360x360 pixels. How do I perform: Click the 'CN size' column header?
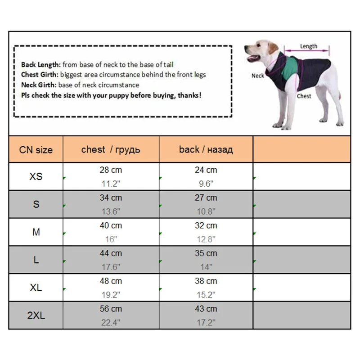pyautogui.click(x=36, y=150)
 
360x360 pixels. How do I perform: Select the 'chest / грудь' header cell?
pyautogui.click(x=111, y=149)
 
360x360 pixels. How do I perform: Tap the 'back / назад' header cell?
pyautogui.click(x=206, y=149)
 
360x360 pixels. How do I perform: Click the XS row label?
pyautogui.click(x=36, y=176)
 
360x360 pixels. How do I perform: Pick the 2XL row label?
pyautogui.click(x=36, y=315)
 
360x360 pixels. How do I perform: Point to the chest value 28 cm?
pyautogui.click(x=111, y=170)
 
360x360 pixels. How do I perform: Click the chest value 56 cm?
pyautogui.click(x=111, y=309)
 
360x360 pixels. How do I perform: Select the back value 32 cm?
pyautogui.click(x=206, y=225)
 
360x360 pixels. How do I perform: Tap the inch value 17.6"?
pyautogui.click(x=111, y=267)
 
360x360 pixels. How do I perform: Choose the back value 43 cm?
pyautogui.click(x=206, y=309)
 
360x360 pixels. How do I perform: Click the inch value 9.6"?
pyautogui.click(x=206, y=184)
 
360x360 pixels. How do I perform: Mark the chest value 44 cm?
pyautogui.click(x=111, y=253)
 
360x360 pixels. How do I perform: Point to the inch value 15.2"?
pyautogui.click(x=206, y=294)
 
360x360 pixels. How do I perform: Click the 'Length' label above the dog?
pyautogui.click(x=309, y=46)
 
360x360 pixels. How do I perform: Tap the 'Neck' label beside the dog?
pyautogui.click(x=257, y=76)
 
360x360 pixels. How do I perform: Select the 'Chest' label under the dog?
pyautogui.click(x=304, y=96)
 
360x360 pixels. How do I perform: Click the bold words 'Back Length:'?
pyautogui.click(x=41, y=65)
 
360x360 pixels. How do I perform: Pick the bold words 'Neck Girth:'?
pyautogui.click(x=39, y=85)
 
